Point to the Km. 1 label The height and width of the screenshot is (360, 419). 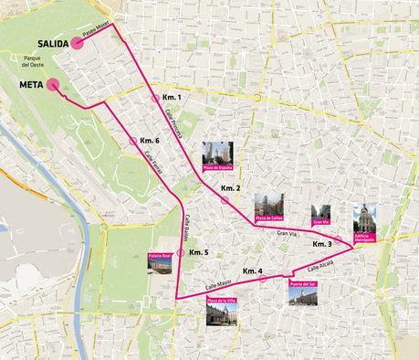click(173, 97)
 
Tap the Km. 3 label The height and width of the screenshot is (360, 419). click(322, 244)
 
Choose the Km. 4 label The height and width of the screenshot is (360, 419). click(253, 271)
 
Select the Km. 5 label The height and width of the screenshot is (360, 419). click(199, 252)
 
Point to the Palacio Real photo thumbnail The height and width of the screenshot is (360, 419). click(160, 265)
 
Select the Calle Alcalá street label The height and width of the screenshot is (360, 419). click(320, 265)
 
